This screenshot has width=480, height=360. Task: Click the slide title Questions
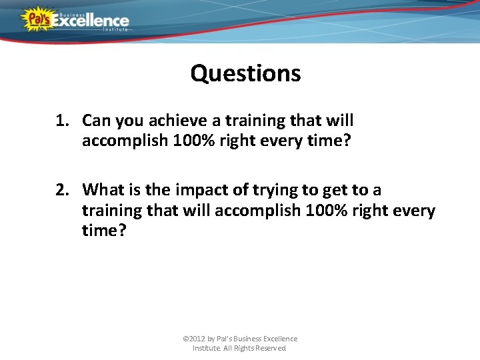click(245, 73)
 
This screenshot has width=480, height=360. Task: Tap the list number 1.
click(62, 121)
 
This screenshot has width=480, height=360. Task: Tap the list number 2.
click(63, 190)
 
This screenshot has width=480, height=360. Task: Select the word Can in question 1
click(97, 121)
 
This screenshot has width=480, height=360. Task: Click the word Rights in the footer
click(243, 348)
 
